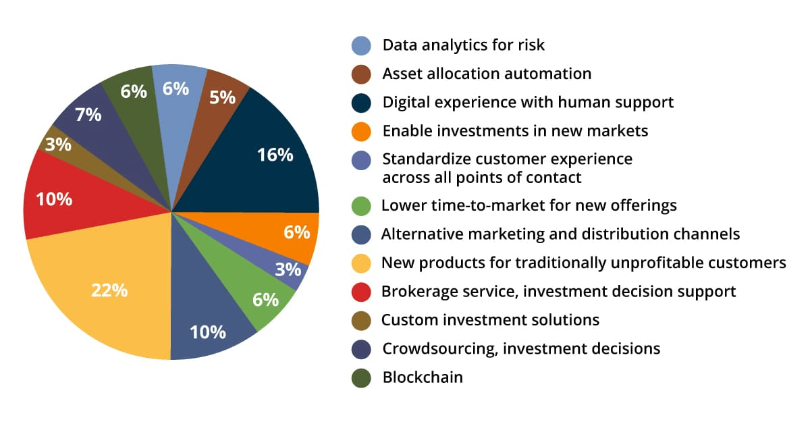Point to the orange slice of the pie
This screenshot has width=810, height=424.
click(x=290, y=233)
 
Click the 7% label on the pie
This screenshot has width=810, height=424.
click(x=88, y=115)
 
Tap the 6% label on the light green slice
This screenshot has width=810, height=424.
click(x=266, y=299)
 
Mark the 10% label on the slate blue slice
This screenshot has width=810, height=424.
click(x=208, y=332)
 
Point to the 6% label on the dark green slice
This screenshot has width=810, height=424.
click(x=134, y=91)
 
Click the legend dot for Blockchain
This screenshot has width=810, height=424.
click(x=362, y=377)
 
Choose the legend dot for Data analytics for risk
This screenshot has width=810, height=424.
click(x=362, y=45)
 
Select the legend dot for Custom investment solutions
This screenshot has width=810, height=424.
click(x=362, y=320)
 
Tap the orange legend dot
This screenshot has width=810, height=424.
click(x=362, y=131)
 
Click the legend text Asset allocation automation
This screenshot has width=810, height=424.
click(x=487, y=74)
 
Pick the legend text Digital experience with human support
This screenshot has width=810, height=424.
click(x=528, y=103)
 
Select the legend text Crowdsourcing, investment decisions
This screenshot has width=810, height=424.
click(x=520, y=349)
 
